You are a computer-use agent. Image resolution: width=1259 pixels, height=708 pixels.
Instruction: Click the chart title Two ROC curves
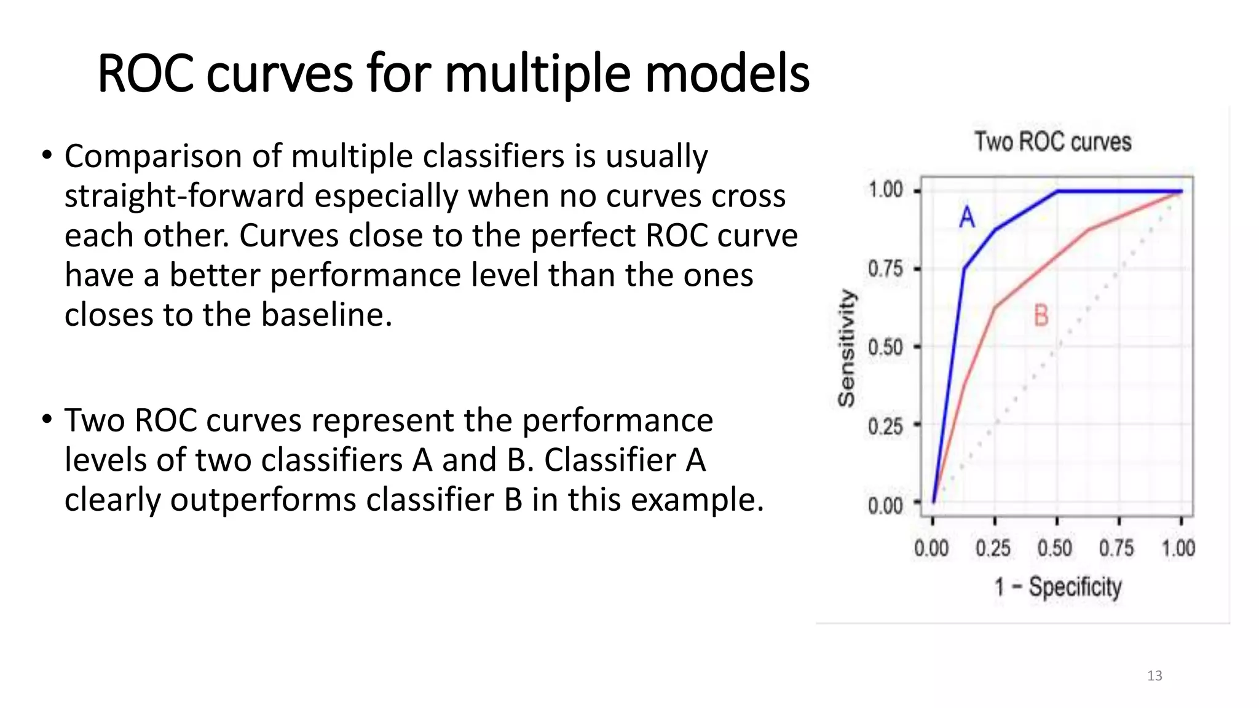tap(1052, 142)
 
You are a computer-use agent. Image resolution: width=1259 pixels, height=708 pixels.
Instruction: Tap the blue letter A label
tap(967, 217)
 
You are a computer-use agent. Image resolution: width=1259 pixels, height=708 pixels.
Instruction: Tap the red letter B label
tap(1041, 316)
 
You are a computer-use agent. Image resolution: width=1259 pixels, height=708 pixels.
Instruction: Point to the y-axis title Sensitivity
tap(847, 348)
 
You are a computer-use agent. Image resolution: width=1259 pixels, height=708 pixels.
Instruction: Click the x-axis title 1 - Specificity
tap(1058, 587)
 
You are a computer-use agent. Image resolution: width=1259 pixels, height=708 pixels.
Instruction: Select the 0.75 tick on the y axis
tap(885, 269)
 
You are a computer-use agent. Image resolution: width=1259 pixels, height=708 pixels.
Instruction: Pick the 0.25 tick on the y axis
tap(885, 425)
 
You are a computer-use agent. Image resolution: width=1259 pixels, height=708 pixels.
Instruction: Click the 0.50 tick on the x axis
tap(1055, 548)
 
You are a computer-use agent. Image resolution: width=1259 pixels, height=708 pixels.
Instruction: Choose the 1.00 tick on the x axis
tap(1178, 548)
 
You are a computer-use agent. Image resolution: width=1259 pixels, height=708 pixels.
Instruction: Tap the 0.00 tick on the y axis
tap(885, 505)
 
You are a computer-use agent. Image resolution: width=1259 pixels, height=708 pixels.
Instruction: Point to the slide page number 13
tap(1154, 676)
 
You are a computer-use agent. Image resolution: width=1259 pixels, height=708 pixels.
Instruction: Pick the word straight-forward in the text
tap(184, 196)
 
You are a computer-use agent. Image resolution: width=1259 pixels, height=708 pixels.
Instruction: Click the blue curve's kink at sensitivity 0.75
tap(965, 269)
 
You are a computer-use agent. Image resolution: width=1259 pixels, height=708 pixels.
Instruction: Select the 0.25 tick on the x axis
tap(993, 548)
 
